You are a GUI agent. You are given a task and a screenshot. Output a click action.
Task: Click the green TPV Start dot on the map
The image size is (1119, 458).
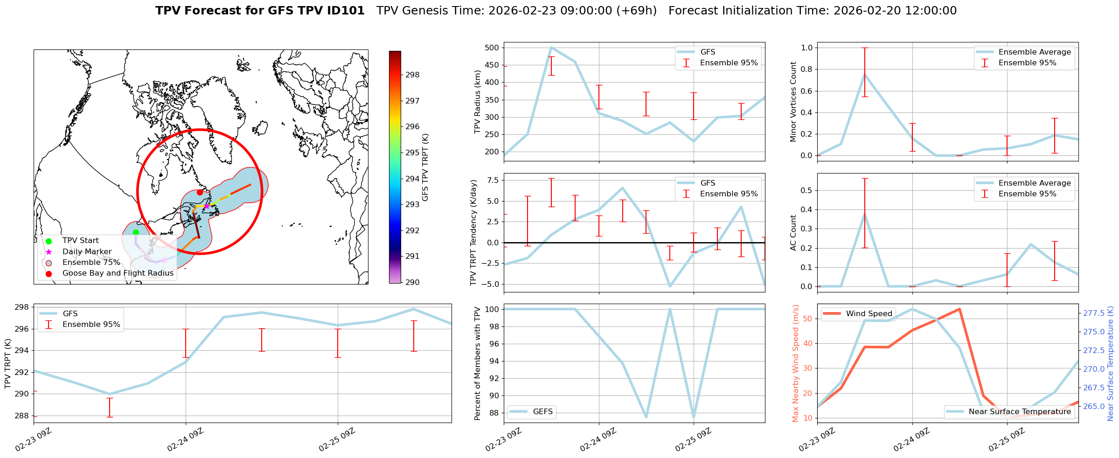pyautogui.click(x=136, y=232)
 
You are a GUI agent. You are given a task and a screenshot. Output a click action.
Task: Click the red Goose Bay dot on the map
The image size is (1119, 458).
pyautogui.click(x=200, y=192)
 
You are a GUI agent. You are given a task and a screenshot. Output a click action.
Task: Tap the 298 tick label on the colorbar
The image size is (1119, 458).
pyautogui.click(x=412, y=75)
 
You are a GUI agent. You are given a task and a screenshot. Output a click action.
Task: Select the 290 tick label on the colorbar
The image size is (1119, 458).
pyautogui.click(x=412, y=282)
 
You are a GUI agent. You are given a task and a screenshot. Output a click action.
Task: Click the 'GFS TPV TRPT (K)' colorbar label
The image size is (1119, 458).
pyautogui.click(x=425, y=167)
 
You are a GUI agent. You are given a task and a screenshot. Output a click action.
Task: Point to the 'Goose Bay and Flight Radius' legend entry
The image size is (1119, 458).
pyautogui.click(x=118, y=273)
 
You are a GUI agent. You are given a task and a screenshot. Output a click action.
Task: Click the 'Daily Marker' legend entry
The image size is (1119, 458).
pyautogui.click(x=87, y=252)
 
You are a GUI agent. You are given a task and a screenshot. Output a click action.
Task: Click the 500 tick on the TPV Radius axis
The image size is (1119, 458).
pyautogui.click(x=492, y=48)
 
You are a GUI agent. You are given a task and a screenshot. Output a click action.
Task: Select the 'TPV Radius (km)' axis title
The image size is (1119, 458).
pyautogui.click(x=477, y=102)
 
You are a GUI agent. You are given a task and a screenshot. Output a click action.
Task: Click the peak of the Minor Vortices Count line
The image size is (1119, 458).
pyautogui.click(x=865, y=75)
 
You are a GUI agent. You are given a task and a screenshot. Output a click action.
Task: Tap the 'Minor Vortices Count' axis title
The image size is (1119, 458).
pyautogui.click(x=793, y=102)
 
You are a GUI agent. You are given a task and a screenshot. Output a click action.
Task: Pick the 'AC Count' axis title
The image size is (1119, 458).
pyautogui.click(x=793, y=233)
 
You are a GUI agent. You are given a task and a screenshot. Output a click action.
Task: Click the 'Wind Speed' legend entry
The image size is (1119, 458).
pyautogui.click(x=869, y=314)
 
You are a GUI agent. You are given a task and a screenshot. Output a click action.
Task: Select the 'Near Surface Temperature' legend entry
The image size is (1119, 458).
pyautogui.click(x=1020, y=412)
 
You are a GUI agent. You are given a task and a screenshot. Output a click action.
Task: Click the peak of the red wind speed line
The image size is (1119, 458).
pyautogui.click(x=959, y=309)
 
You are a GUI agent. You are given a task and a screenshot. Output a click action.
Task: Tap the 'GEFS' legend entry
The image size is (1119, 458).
pyautogui.click(x=542, y=412)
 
